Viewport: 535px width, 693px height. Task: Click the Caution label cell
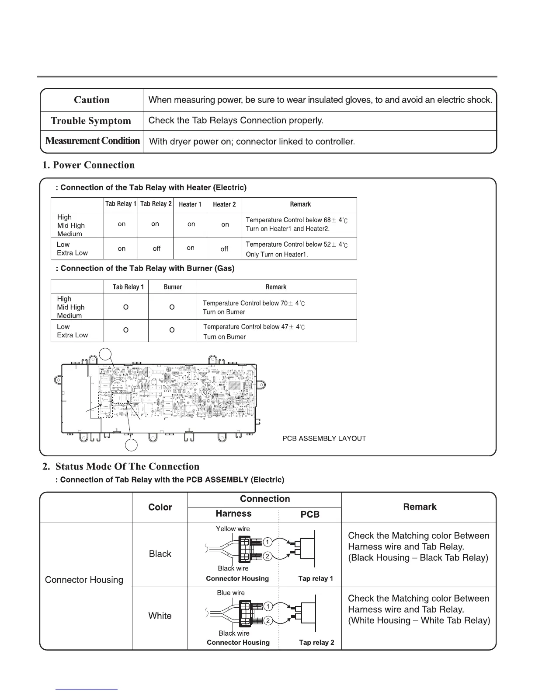tap(92, 100)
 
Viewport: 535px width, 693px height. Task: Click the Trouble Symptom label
tap(91, 121)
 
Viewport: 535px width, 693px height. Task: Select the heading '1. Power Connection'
tap(88, 165)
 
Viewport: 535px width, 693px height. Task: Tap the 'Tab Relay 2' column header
tap(156, 204)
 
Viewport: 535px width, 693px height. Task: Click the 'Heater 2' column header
tap(224, 204)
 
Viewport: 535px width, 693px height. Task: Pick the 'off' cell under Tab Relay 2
tap(156, 248)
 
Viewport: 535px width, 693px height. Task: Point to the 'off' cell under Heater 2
tap(224, 249)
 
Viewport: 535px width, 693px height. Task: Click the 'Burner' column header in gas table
tap(173, 287)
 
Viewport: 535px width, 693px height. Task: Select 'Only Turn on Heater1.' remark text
tap(277, 254)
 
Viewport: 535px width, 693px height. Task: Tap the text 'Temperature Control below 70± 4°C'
tap(254, 303)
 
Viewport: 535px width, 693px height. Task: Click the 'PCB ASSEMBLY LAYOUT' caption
tap(324, 438)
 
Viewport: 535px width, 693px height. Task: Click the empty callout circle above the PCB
tap(105, 354)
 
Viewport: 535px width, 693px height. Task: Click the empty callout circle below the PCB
tap(132, 445)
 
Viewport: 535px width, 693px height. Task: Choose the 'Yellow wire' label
tap(233, 529)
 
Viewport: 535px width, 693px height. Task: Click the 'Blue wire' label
tap(231, 593)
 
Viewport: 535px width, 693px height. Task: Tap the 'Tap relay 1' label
tap(316, 578)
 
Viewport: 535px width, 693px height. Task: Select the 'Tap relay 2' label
tap(316, 642)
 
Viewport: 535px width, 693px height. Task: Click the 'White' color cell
tap(160, 616)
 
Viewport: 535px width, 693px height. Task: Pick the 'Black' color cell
tap(160, 554)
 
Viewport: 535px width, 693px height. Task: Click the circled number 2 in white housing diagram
tap(268, 621)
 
